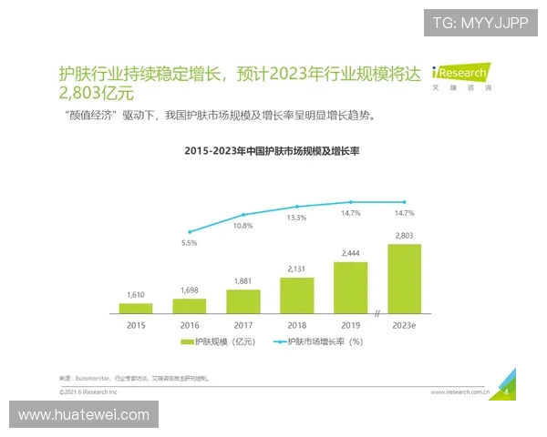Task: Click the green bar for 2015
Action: (136, 308)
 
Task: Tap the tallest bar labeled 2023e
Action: (404, 278)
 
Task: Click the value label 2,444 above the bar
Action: (351, 253)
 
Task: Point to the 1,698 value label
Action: (190, 290)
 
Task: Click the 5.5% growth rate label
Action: (190, 244)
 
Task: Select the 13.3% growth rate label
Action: (297, 218)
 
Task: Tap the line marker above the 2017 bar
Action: (243, 215)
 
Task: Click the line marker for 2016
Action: (190, 232)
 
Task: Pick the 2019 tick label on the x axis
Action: (351, 324)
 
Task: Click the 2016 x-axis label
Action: (190, 324)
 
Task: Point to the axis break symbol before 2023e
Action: (377, 314)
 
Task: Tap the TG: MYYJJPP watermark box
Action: (480, 23)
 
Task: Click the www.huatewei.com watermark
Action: (84, 415)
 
